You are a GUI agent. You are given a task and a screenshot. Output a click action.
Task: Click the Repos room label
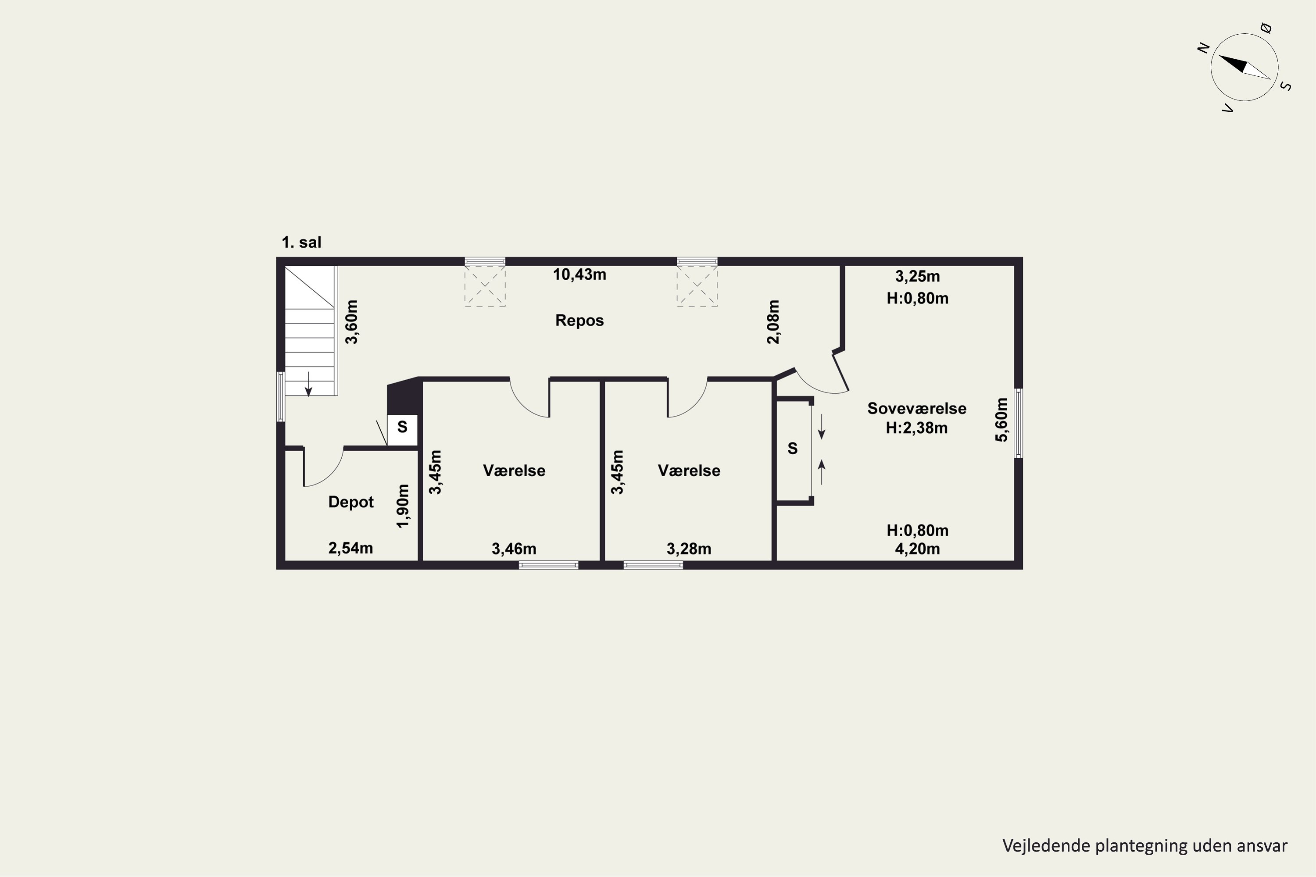coord(579,321)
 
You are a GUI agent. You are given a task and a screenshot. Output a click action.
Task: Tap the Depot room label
coord(351,502)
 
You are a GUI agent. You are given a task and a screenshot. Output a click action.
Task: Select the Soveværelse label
coord(916,408)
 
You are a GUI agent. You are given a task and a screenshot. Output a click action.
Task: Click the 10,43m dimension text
coord(579,275)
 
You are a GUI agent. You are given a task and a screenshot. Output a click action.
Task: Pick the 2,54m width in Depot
coord(351,548)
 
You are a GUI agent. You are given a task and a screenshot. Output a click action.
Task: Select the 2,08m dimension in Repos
coord(772,322)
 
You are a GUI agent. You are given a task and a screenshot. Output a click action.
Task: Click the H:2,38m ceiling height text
coord(916,428)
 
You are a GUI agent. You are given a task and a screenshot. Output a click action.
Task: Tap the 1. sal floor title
coord(302,242)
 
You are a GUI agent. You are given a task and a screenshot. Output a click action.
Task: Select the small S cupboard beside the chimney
coord(402,430)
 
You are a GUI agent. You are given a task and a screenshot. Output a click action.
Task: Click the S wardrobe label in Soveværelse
coord(792,448)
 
